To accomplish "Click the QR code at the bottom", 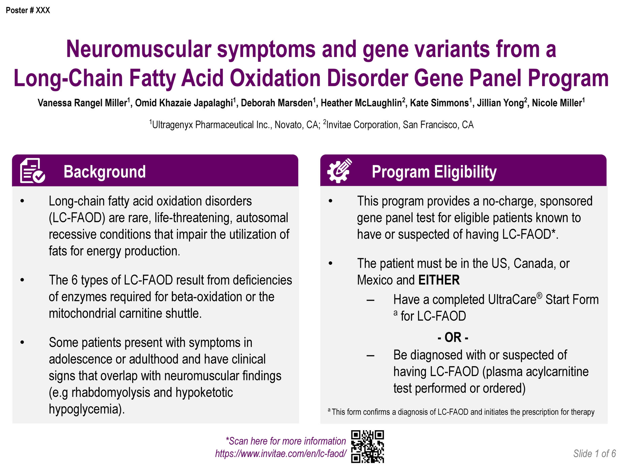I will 367,446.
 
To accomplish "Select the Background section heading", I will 105,172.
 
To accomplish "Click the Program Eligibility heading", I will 434,172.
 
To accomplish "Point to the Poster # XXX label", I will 28,10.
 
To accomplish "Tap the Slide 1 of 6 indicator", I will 594,453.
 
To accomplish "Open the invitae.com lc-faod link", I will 280,453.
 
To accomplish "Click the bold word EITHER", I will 439,280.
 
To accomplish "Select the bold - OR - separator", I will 453,337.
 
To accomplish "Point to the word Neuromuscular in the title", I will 139,49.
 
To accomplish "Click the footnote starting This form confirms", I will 461,412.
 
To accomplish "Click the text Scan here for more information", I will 286,441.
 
